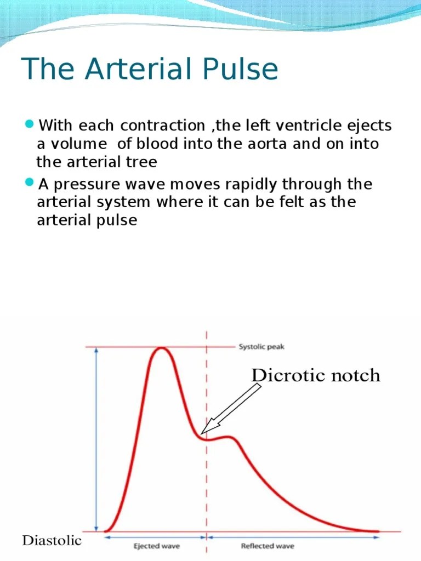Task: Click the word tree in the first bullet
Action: tap(142, 162)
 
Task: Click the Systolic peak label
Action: tap(261, 347)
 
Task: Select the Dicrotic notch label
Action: tap(315, 375)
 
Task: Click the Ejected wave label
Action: tap(157, 546)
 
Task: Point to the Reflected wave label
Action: tap(268, 546)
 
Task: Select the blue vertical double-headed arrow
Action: tap(97, 438)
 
